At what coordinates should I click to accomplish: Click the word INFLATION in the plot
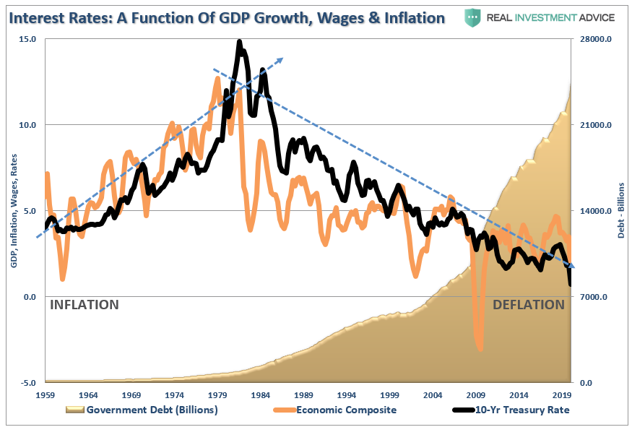tap(84, 305)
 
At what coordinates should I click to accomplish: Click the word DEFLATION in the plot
tap(529, 305)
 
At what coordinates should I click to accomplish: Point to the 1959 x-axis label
tap(46, 395)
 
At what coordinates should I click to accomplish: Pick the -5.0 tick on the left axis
tap(27, 383)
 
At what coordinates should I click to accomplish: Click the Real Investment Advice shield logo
tap(473, 17)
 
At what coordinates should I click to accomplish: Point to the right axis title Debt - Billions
tap(621, 210)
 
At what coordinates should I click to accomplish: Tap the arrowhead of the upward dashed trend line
tap(281, 60)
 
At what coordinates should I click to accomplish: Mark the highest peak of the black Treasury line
tap(239, 42)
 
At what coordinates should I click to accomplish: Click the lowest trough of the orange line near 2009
tap(480, 350)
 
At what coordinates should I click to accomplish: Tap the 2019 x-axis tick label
tap(563, 395)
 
